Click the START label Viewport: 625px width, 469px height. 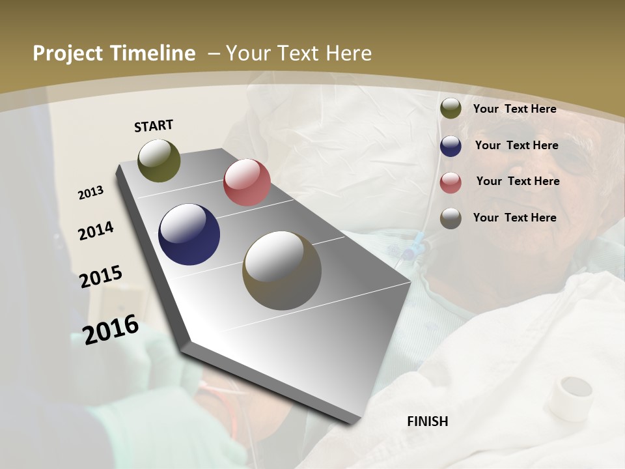click(154, 126)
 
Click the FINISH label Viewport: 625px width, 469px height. click(428, 421)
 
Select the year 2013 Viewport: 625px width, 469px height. click(90, 193)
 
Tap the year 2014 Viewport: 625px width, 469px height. click(96, 231)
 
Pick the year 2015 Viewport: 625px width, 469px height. click(100, 277)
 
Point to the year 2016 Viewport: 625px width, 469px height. click(110, 329)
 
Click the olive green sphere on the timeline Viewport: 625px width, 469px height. click(159, 160)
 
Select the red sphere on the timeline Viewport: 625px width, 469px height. click(247, 182)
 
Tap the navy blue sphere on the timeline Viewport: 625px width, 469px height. click(189, 234)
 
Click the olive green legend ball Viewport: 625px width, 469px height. click(451, 109)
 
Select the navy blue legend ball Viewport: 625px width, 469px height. click(451, 146)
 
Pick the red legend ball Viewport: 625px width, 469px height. click(451, 182)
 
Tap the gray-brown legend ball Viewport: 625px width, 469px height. click(451, 218)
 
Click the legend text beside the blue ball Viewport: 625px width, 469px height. click(516, 145)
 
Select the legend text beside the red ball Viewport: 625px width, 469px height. click(518, 181)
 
